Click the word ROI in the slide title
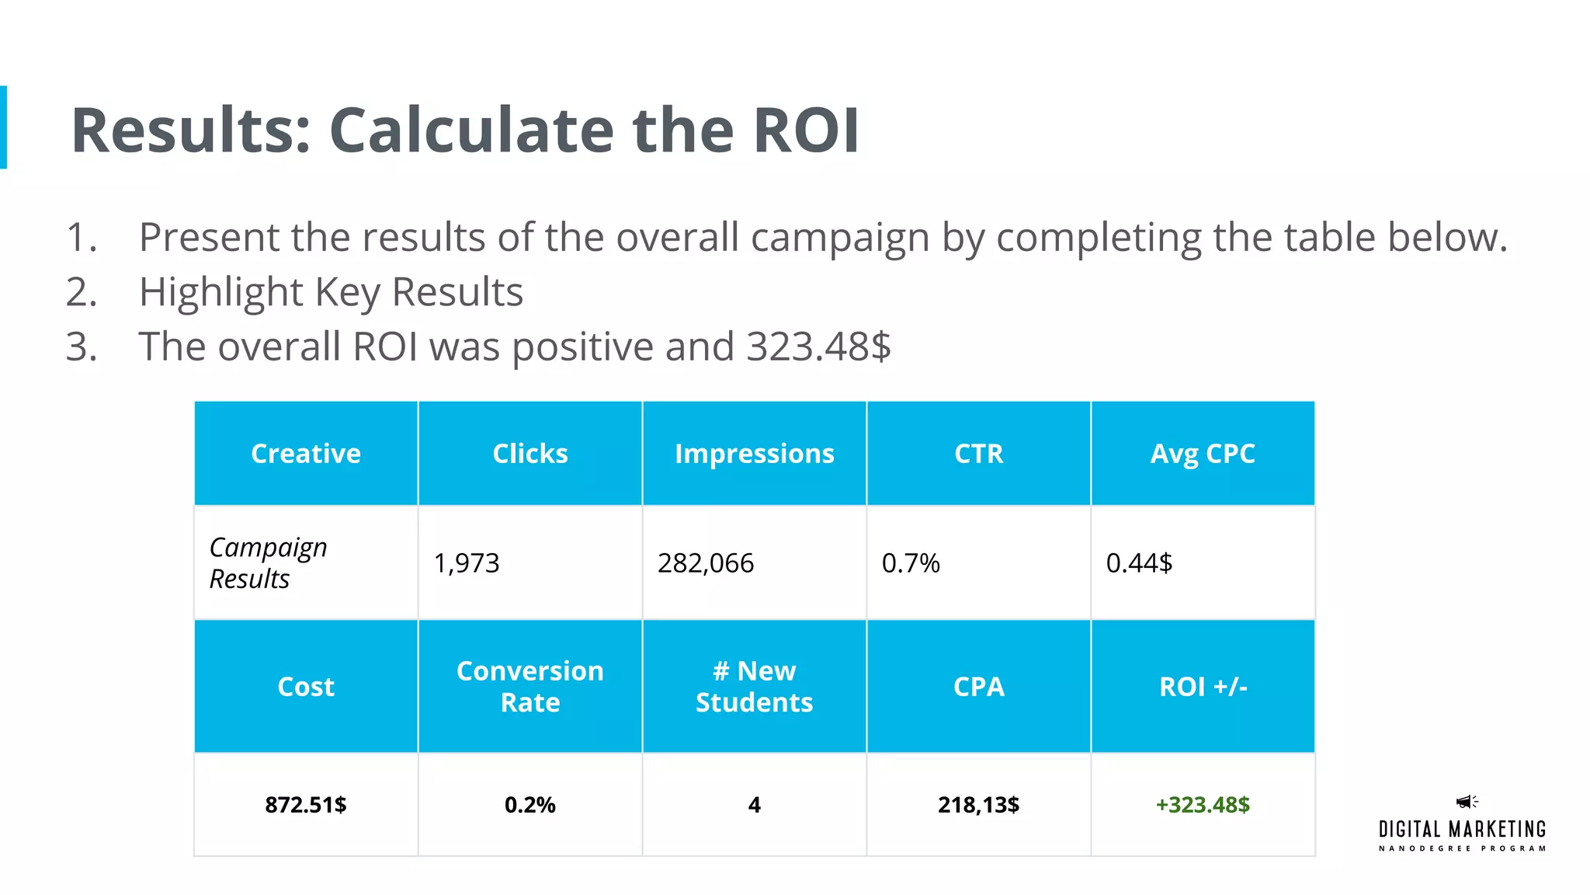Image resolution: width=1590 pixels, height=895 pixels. pyautogui.click(x=806, y=131)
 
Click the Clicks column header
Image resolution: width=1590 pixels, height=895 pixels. pyautogui.click(x=530, y=454)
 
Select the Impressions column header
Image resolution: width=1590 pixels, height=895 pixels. pyautogui.click(x=754, y=454)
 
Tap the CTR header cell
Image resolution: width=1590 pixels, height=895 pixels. pyautogui.click(x=978, y=454)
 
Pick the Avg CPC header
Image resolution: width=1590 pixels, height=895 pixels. pyautogui.click(x=1202, y=454)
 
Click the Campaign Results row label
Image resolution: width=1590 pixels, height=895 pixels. pyautogui.click(x=268, y=562)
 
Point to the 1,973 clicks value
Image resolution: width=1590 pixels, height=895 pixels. pyautogui.click(x=467, y=563)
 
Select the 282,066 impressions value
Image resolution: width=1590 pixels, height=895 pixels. pyautogui.click(x=706, y=563)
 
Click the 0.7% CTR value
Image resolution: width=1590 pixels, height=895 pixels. pyautogui.click(x=911, y=563)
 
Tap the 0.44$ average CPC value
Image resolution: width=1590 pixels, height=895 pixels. pyautogui.click(x=1139, y=563)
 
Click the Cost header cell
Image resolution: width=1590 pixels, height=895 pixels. pyautogui.click(x=306, y=687)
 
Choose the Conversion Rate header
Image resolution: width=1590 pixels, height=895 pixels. pyautogui.click(x=530, y=687)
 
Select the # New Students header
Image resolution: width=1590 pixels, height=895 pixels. pyautogui.click(x=754, y=687)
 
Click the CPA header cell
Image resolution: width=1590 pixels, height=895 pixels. pyautogui.click(x=978, y=687)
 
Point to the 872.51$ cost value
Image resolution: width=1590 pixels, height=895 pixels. pyautogui.click(x=306, y=805)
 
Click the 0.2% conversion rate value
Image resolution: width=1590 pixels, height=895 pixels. pyautogui.click(x=530, y=805)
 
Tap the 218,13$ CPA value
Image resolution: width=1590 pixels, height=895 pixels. pyautogui.click(x=978, y=805)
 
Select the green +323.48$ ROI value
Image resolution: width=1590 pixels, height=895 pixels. pyautogui.click(x=1203, y=805)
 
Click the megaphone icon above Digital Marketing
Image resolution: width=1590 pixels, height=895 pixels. pyautogui.click(x=1466, y=802)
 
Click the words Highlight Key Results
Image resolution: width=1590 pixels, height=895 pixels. pyautogui.click(x=331, y=292)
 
